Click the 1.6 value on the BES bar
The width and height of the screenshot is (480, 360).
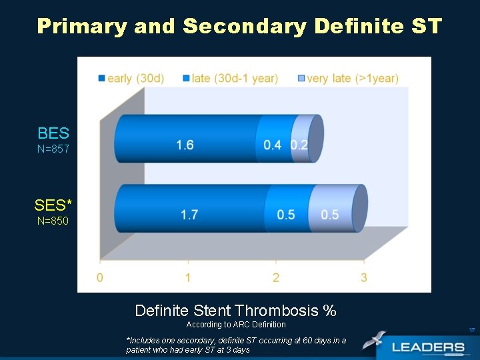click(185, 145)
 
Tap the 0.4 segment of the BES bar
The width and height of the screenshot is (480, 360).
click(272, 145)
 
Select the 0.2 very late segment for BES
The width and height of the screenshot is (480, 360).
click(300, 145)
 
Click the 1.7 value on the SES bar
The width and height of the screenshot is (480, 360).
click(189, 214)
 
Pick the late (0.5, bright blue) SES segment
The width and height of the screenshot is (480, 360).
click(286, 214)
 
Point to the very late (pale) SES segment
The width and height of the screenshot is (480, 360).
click(330, 214)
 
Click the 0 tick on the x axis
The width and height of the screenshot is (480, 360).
click(100, 277)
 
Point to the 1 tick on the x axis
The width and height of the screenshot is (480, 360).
click(188, 277)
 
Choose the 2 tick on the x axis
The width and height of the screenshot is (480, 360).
click(276, 277)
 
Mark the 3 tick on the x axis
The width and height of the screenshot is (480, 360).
click(364, 277)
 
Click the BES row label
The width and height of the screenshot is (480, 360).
click(53, 133)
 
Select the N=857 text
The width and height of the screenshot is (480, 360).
click(53, 149)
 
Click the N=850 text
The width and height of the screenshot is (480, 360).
click(53, 221)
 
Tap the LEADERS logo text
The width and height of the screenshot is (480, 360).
click(429, 347)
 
